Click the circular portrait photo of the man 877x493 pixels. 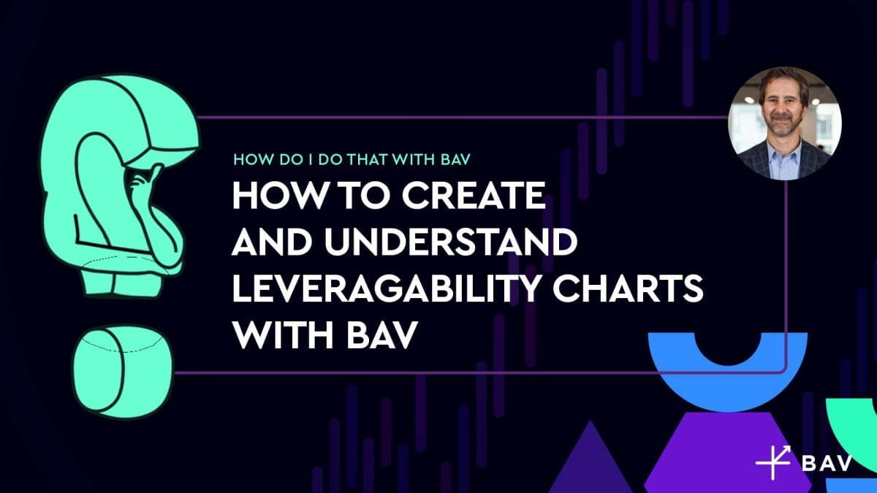coord(784,123)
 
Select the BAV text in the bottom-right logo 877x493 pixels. coord(827,465)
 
